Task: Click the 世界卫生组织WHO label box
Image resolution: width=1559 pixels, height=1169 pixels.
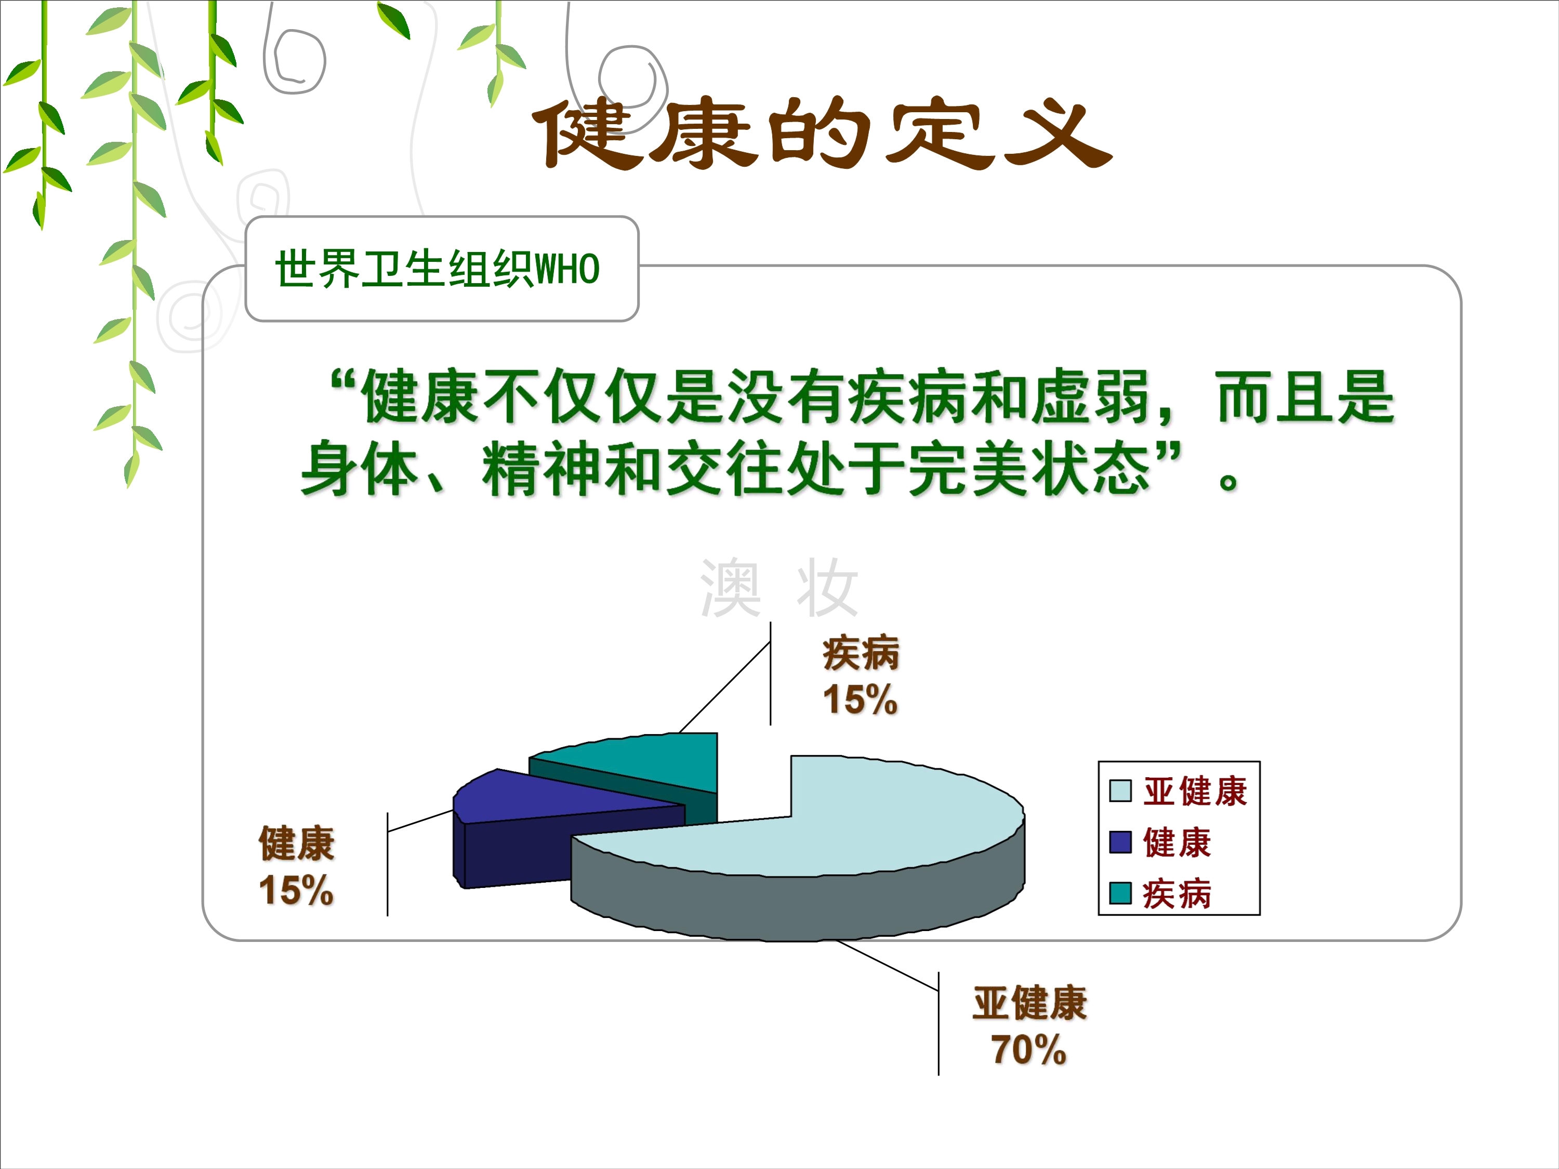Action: (442, 269)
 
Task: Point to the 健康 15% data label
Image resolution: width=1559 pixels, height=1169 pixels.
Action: (297, 865)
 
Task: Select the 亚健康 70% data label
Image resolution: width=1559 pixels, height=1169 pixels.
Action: (1029, 1025)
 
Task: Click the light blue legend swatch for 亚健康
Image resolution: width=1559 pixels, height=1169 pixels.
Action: (1120, 791)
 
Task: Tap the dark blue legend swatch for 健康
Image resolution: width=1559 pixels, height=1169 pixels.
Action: (1120, 842)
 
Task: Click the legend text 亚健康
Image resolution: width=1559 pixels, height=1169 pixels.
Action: (1195, 791)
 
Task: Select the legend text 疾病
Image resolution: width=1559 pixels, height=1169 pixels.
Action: (1177, 894)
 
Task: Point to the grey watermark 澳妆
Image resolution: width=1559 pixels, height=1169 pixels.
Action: (779, 588)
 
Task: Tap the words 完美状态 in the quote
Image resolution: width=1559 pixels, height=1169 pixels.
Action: (1029, 468)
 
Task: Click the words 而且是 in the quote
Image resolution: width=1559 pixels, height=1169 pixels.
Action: (1305, 397)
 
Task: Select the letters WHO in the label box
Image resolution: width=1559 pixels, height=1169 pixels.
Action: (567, 269)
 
